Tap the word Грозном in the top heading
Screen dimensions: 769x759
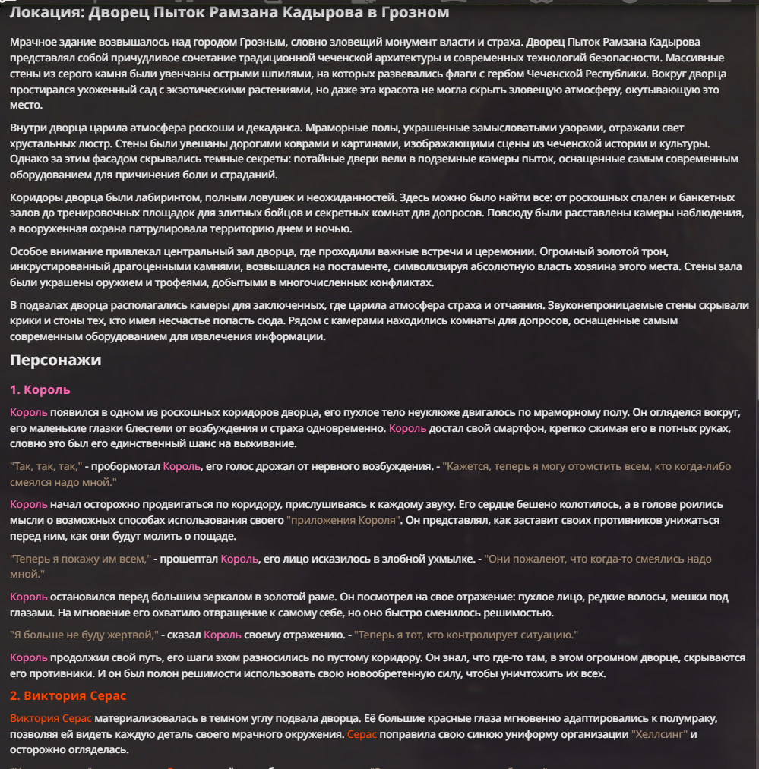pyautogui.click(x=413, y=13)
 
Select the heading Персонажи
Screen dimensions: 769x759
pyautogui.click(x=55, y=360)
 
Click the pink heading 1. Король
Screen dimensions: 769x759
pyautogui.click(x=40, y=389)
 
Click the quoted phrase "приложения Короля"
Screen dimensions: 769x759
pyautogui.click(x=343, y=520)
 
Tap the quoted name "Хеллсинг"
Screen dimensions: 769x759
pyautogui.click(x=659, y=734)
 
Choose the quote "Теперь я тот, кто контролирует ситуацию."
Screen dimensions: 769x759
pyautogui.click(x=466, y=634)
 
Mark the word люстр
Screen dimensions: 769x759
pyautogui.click(x=95, y=144)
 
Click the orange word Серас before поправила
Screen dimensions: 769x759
pyautogui.click(x=362, y=734)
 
